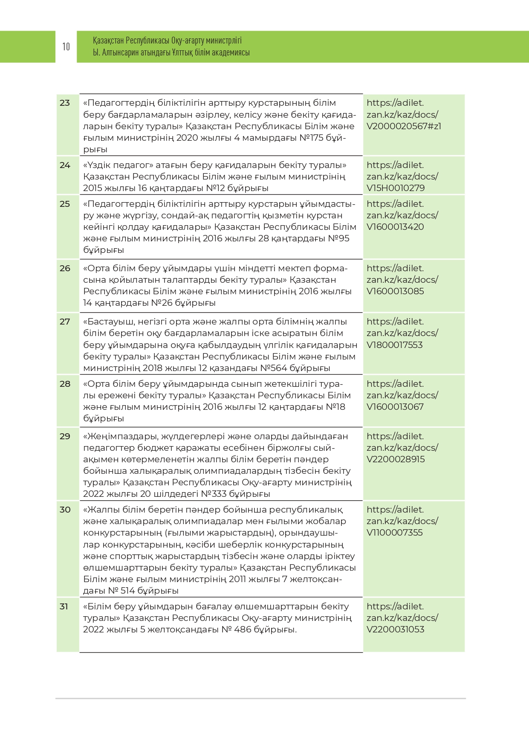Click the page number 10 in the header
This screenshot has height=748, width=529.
66,46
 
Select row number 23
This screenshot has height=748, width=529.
65,103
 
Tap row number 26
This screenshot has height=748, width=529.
65,268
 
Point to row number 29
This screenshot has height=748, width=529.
65,436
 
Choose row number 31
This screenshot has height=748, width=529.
64,606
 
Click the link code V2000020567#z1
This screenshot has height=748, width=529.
404,126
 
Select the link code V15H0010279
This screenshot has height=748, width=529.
396,188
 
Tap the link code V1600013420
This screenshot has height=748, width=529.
395,227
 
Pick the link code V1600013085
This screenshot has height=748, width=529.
395,291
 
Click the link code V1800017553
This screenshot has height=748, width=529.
395,345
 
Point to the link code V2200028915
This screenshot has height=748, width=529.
396,459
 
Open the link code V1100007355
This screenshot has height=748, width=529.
395,533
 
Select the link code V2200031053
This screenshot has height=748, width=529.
396,629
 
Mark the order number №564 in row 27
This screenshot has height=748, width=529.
274,368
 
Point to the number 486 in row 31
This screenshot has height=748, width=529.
243,629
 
